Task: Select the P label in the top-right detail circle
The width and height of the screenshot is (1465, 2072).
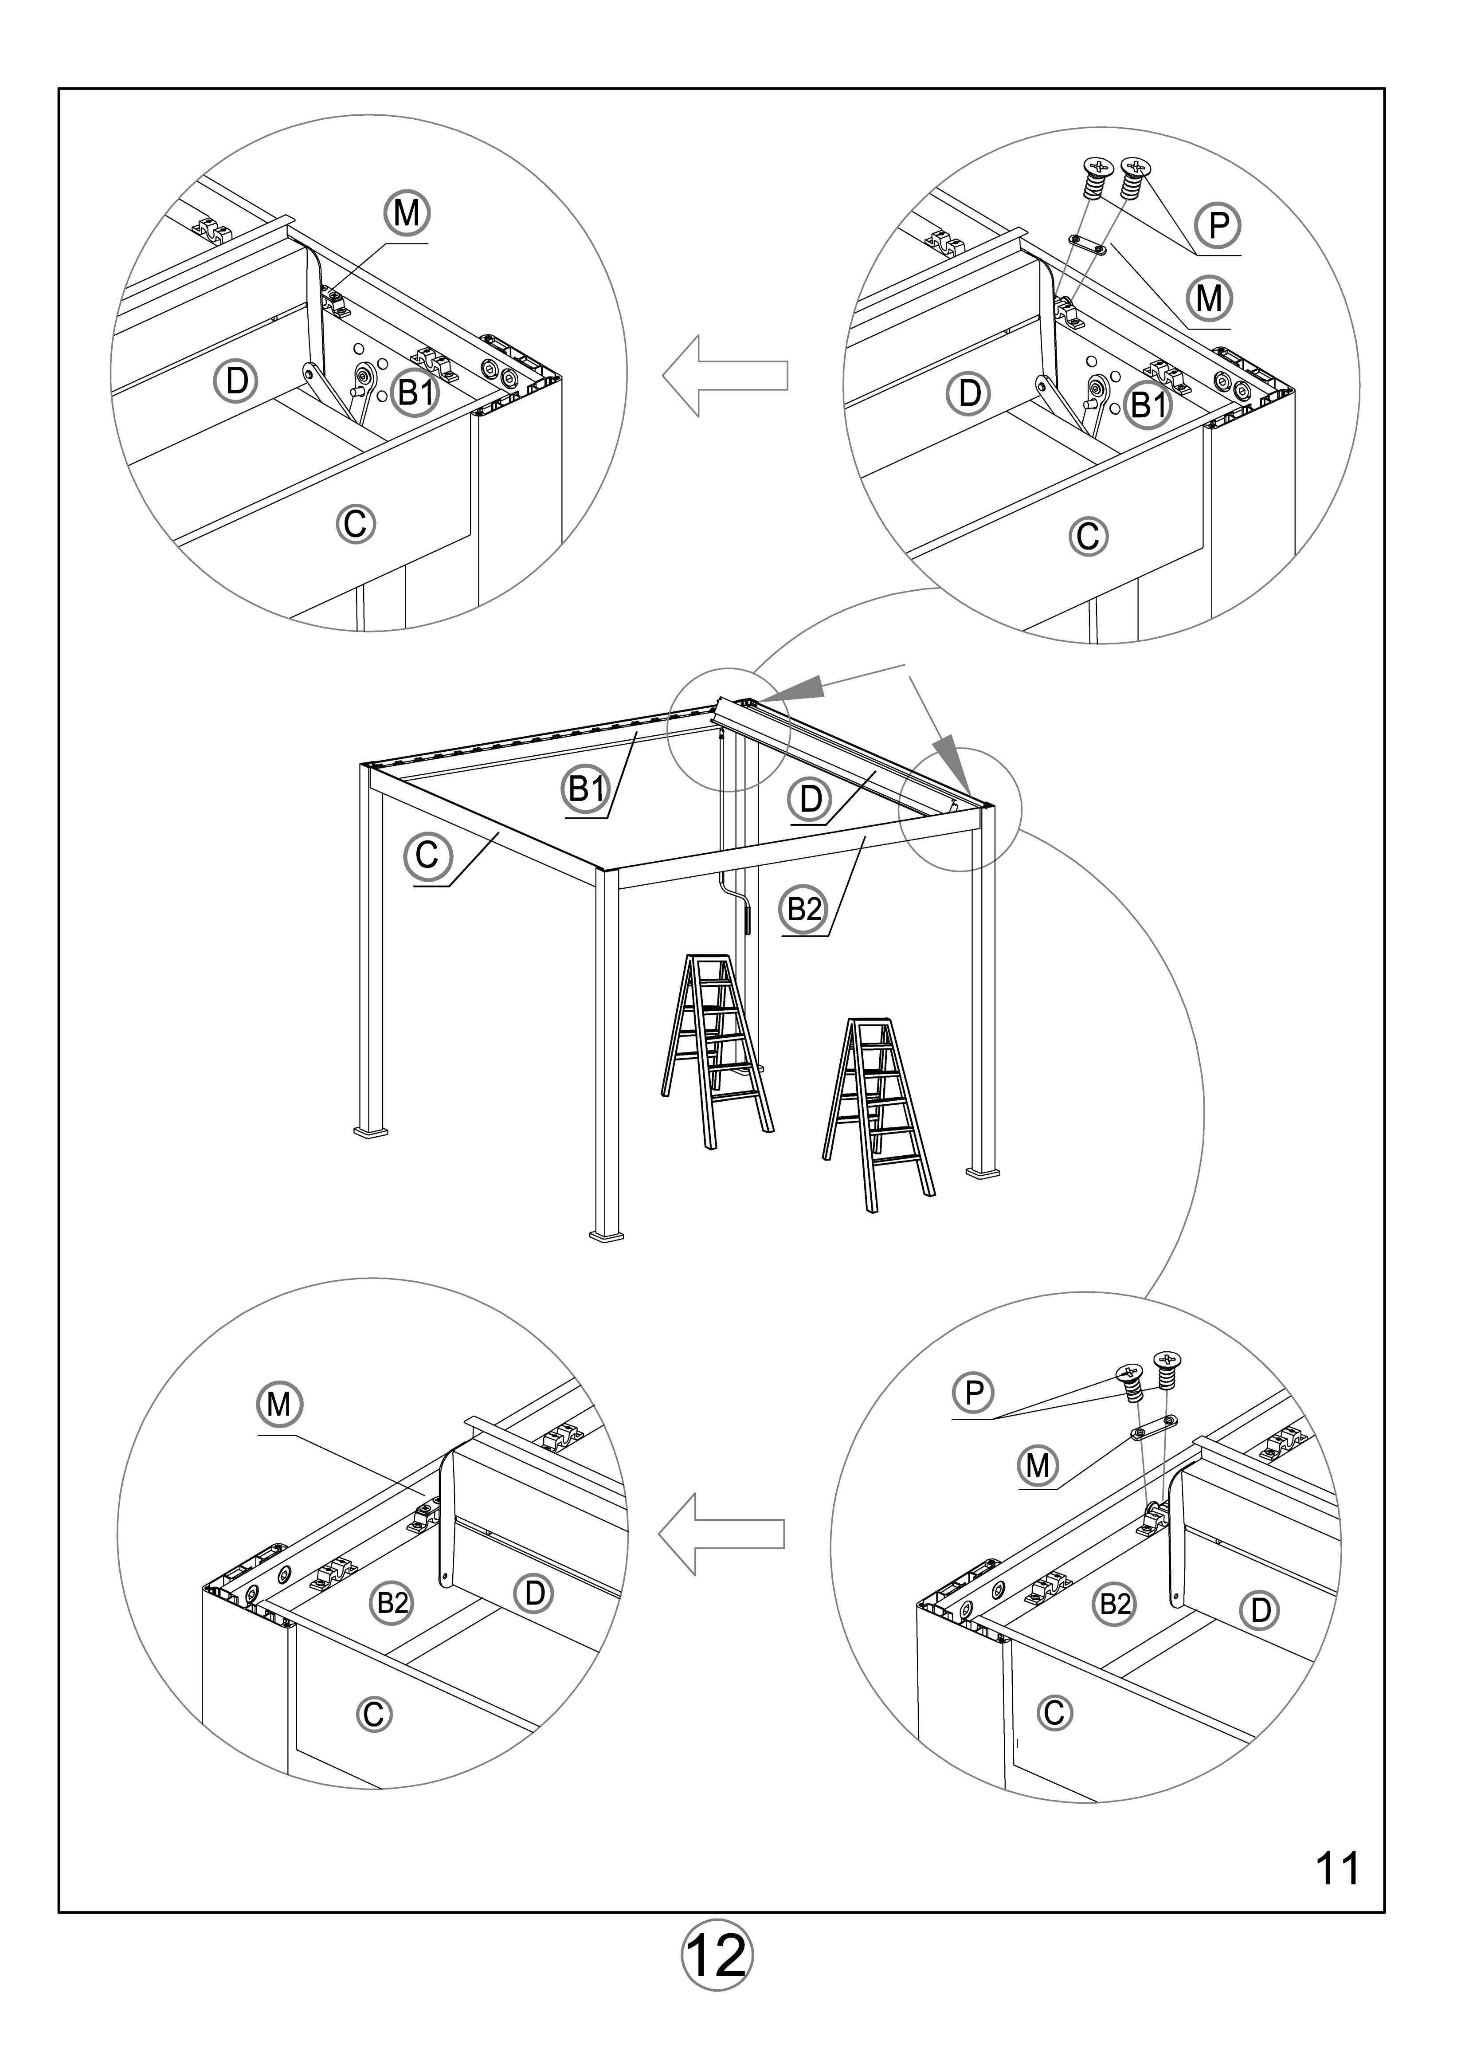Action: [x=1218, y=225]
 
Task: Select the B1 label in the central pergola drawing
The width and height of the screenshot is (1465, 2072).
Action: [x=586, y=789]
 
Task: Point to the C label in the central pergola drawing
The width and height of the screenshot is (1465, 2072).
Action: [x=427, y=855]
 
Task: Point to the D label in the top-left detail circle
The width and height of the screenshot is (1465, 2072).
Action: [x=236, y=381]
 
